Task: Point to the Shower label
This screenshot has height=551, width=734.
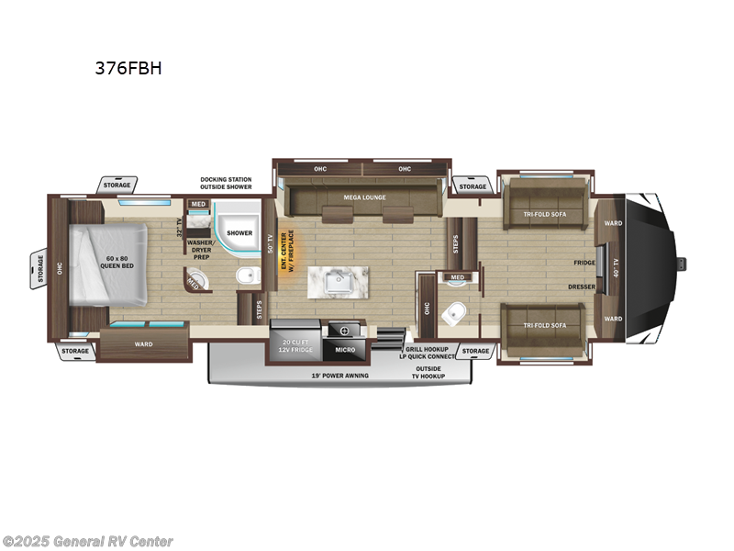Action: pyautogui.click(x=240, y=233)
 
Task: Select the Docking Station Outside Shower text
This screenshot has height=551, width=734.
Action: pyautogui.click(x=226, y=184)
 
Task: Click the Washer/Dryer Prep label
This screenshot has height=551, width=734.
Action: pyautogui.click(x=201, y=250)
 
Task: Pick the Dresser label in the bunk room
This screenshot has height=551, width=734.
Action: pyautogui.click(x=582, y=287)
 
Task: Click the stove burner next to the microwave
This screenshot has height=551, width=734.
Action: pyautogui.click(x=345, y=330)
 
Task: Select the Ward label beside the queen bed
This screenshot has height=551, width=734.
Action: pyautogui.click(x=143, y=344)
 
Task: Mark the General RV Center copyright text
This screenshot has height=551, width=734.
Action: pyautogui.click(x=88, y=542)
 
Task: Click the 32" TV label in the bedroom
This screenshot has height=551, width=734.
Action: pyautogui.click(x=180, y=228)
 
